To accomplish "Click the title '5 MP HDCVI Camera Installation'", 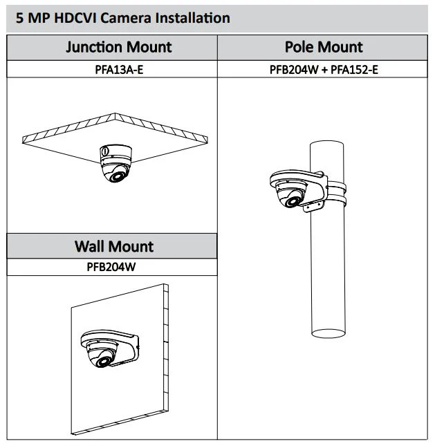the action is [123, 18].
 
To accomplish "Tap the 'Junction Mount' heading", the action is [119, 47].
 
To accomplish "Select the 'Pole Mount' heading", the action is [324, 47].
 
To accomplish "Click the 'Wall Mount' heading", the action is [114, 246].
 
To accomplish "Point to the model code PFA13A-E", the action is [119, 70].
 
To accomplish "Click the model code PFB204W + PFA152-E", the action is [324, 70].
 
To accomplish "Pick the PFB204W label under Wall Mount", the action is [111, 267].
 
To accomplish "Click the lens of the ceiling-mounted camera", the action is [118, 176].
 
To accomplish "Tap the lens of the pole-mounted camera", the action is [293, 201].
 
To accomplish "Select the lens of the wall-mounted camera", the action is [104, 362].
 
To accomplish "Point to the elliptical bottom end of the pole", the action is [328, 333].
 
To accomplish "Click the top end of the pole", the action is [326, 143].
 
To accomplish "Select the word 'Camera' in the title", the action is [126, 18].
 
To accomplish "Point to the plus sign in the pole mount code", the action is [324, 70].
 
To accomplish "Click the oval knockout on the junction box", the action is [105, 151].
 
